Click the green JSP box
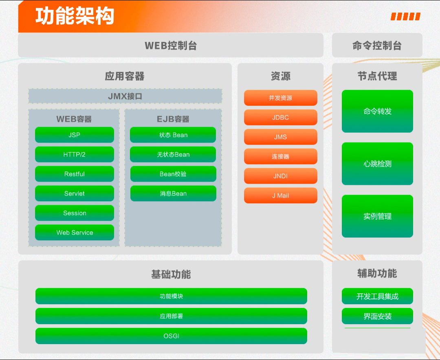point(75,135)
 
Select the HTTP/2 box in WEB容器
point(75,154)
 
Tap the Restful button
point(75,173)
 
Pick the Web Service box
point(75,233)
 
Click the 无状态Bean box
point(173,154)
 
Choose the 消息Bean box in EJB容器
point(173,193)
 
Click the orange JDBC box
point(281,117)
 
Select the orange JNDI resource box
point(281,176)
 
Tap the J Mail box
point(281,195)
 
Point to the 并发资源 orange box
point(281,98)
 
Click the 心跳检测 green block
point(377,164)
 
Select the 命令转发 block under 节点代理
point(377,111)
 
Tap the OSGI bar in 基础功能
point(171,336)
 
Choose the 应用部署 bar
point(171,316)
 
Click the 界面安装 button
point(377,316)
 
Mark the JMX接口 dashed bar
point(125,96)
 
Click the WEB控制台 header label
point(171,46)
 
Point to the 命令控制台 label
point(377,46)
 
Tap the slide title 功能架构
point(75,16)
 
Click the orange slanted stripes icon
point(405,17)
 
